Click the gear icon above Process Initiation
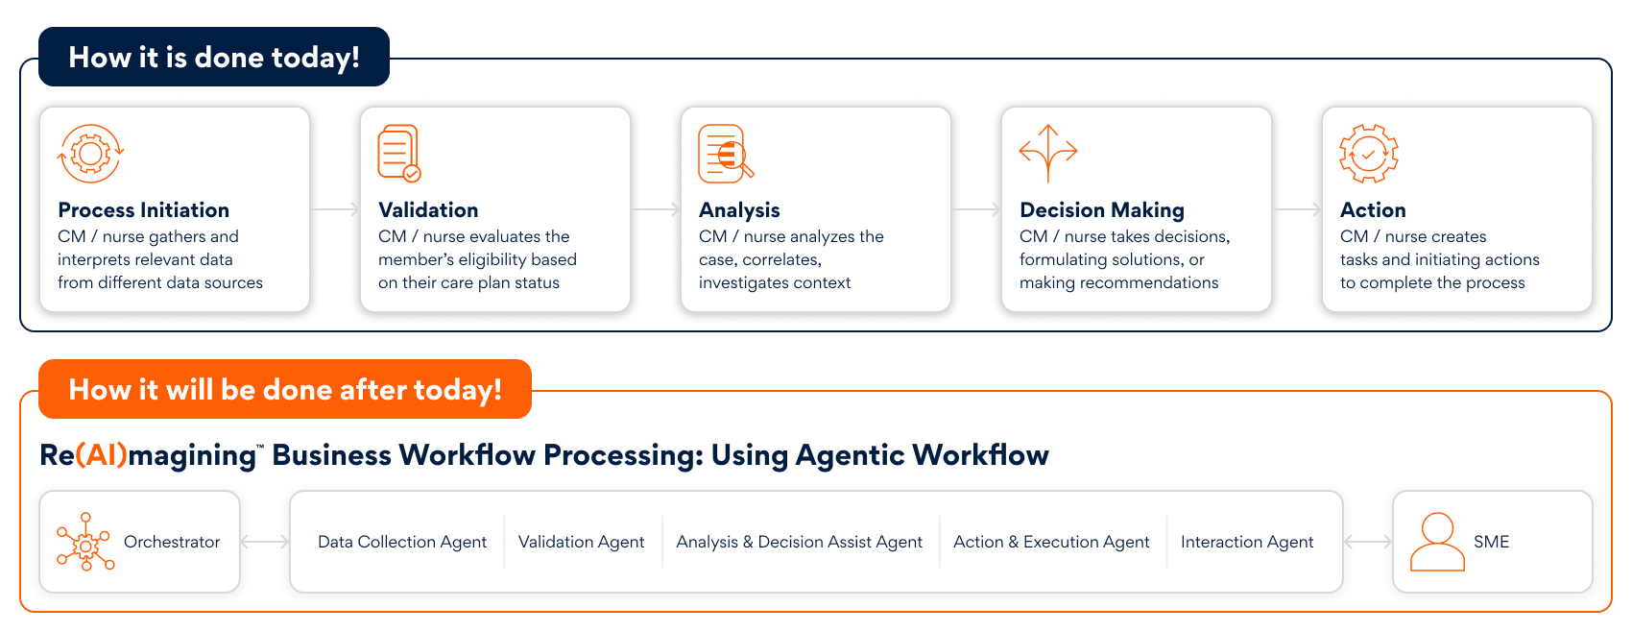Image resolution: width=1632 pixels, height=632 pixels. coord(90,153)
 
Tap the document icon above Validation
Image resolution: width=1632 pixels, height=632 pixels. coord(399,153)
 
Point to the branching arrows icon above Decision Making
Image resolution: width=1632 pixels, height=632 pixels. coord(1047,153)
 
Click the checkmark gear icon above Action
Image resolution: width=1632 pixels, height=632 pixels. coord(1368,153)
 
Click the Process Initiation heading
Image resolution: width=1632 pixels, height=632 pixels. coord(144,210)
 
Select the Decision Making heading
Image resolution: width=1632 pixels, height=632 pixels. coord(1102,210)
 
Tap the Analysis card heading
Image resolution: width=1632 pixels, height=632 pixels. coord(739,210)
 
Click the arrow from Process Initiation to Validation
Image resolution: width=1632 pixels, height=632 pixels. coord(335,209)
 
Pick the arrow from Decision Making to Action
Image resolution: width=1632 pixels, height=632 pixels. coord(1297,209)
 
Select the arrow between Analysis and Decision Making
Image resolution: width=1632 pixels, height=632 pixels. coord(976,209)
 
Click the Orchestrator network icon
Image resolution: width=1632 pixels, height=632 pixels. coord(85,542)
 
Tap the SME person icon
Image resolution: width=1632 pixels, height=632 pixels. coord(1437,542)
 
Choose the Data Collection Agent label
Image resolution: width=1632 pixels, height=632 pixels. coord(402,542)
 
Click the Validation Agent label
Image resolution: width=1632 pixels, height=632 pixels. coord(581,542)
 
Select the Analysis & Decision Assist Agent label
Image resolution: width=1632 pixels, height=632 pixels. coord(800,542)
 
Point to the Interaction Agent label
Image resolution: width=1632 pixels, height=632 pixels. coord(1247,542)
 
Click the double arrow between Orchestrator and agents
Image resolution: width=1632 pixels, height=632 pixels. coord(265,542)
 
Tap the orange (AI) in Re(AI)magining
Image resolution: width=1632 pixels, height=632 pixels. coord(101,455)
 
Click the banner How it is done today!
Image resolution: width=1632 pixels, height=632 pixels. coord(214,57)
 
